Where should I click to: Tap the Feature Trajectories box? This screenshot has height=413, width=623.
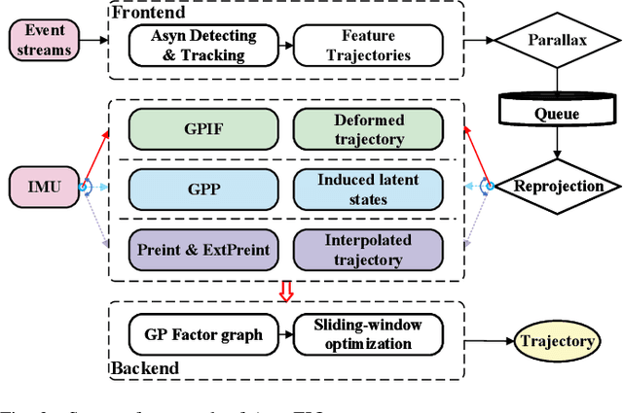click(x=353, y=46)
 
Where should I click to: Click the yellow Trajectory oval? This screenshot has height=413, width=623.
click(x=556, y=341)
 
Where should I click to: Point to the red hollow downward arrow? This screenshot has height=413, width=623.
click(x=286, y=291)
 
